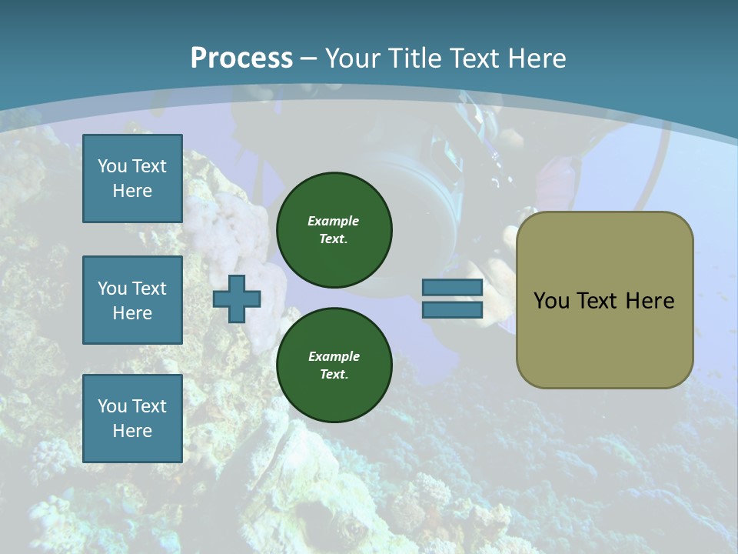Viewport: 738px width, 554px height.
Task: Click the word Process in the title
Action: pos(241,58)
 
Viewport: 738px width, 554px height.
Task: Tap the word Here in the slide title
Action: pos(536,58)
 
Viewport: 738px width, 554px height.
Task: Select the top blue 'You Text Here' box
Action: pos(132,179)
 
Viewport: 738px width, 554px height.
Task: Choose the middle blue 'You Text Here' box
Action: pos(132,300)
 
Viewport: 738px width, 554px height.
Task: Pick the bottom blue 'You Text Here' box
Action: pos(132,419)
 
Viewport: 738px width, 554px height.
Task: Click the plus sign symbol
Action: pos(237,299)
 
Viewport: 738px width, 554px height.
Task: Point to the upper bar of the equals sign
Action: pos(452,287)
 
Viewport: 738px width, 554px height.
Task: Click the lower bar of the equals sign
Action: pos(452,310)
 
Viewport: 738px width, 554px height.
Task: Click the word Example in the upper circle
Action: pos(334,221)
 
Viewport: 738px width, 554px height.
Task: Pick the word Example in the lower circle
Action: pos(334,356)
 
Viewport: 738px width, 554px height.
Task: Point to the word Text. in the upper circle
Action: pos(334,239)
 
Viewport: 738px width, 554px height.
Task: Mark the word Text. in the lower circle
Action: pos(334,375)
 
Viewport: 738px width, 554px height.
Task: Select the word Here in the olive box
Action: pos(650,301)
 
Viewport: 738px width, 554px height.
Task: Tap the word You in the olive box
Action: pos(552,301)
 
